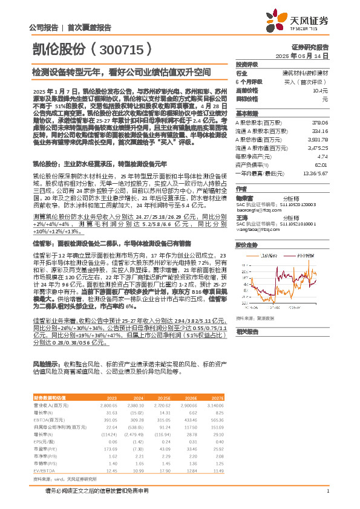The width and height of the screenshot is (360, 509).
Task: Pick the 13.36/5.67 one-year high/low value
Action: pyautogui.click(x=317, y=172)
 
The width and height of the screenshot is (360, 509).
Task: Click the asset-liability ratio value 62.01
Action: pyautogui.click(x=321, y=164)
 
